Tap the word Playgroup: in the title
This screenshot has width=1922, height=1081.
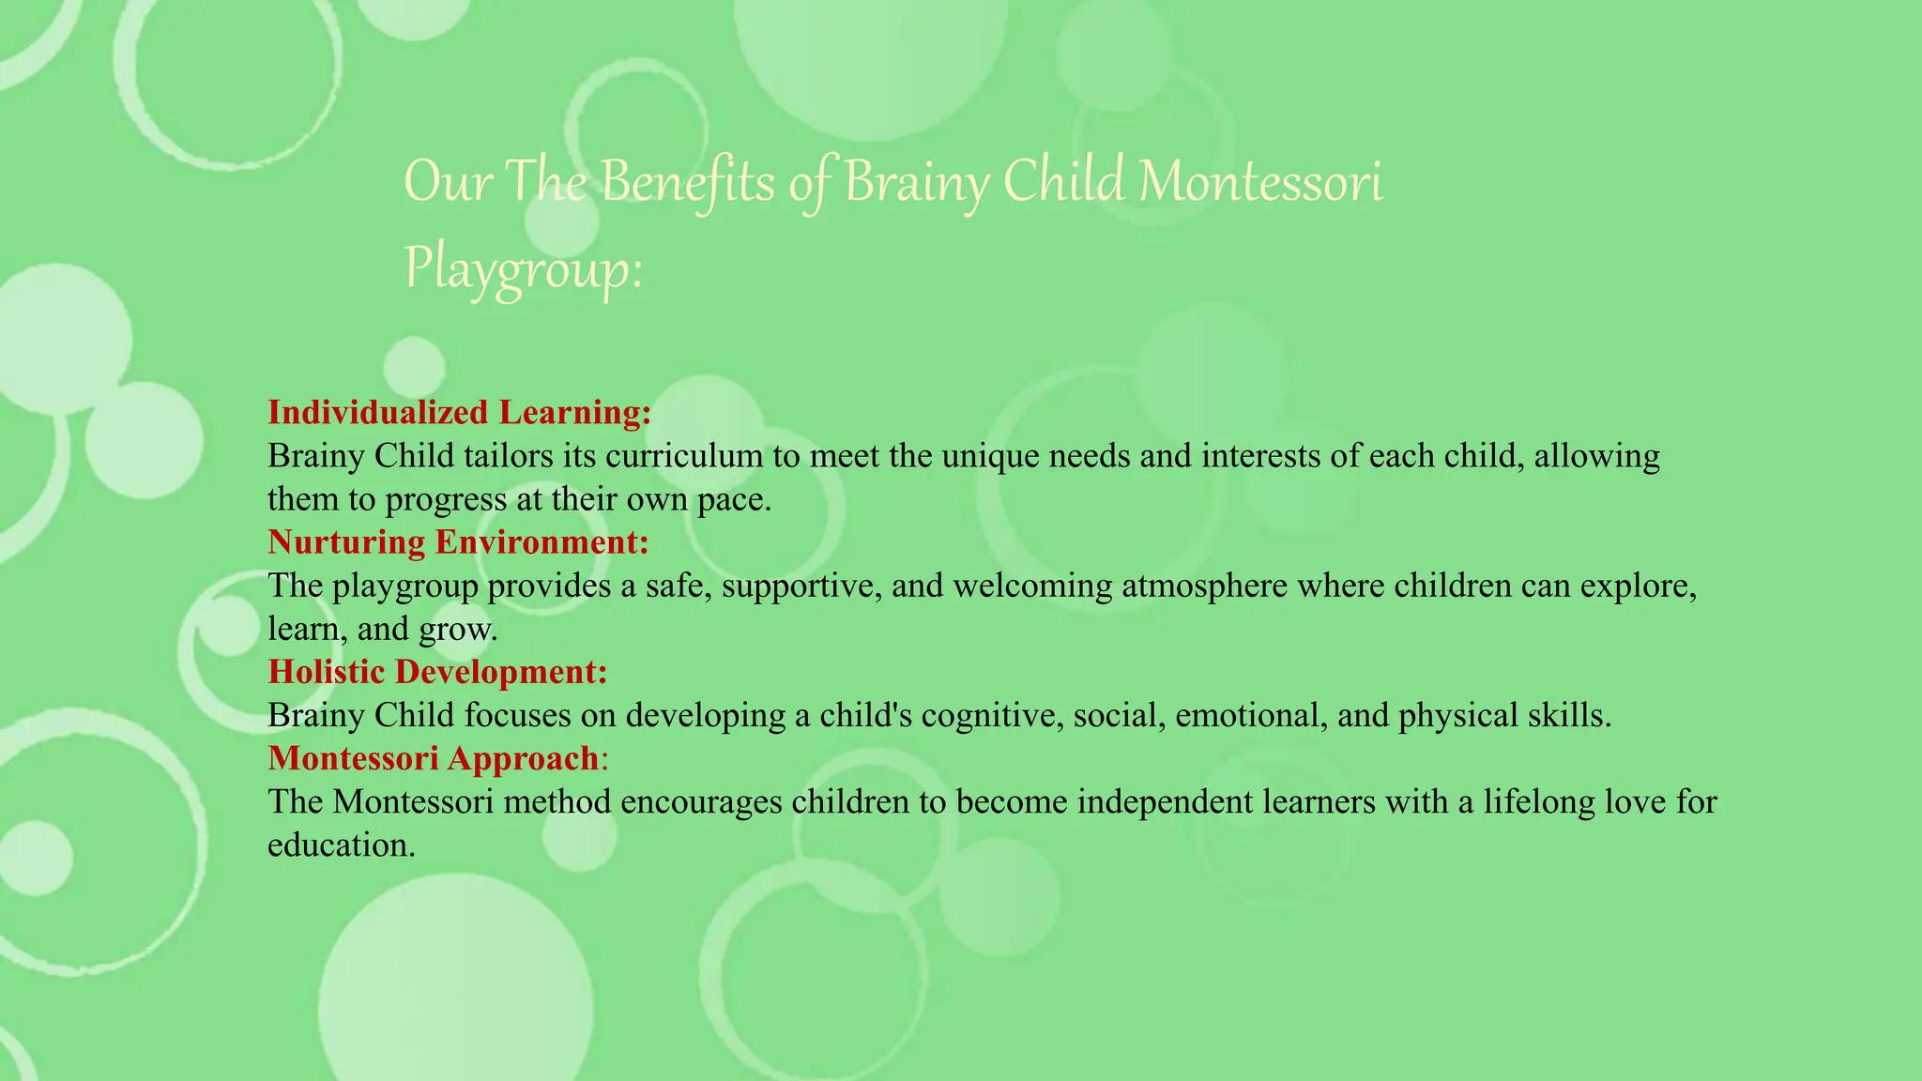coord(523,269)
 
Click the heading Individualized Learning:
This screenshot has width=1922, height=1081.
coord(459,412)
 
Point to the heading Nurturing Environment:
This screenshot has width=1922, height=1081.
coord(458,541)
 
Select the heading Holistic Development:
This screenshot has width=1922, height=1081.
coord(437,671)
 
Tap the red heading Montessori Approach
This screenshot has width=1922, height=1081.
coord(434,757)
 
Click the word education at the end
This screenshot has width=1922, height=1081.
coord(340,845)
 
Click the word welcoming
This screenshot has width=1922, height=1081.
coord(1032,586)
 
